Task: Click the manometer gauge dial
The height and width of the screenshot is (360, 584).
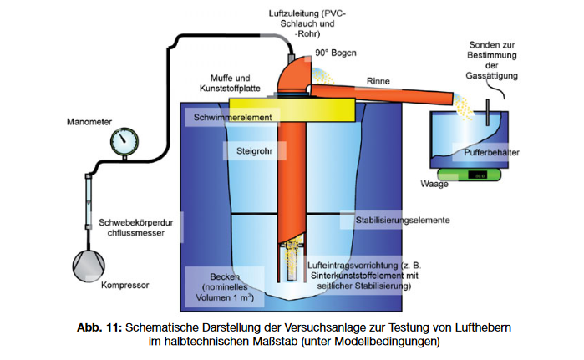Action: (x=124, y=141)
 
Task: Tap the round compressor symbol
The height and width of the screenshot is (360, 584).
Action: (x=89, y=266)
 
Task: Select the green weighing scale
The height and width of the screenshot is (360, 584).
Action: (x=469, y=175)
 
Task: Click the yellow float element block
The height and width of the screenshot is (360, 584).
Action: (x=292, y=109)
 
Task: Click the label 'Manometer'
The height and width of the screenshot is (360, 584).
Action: (x=89, y=122)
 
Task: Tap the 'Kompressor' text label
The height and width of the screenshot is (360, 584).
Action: (x=125, y=285)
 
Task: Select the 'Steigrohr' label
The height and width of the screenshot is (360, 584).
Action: (x=254, y=151)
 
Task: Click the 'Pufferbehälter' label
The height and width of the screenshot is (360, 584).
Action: (x=491, y=152)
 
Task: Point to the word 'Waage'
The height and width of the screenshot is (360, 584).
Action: (x=434, y=184)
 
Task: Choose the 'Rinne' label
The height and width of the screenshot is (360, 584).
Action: (x=378, y=81)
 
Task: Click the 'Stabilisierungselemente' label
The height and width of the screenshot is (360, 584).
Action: (x=403, y=220)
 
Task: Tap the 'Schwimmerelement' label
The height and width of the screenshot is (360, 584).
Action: (x=232, y=118)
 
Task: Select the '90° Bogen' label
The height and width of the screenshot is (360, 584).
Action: (x=336, y=53)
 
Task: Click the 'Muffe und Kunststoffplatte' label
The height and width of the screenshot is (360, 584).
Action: (x=230, y=83)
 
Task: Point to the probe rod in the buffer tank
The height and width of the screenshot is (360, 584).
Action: (x=488, y=112)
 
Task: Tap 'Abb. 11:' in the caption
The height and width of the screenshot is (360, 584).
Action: (x=99, y=327)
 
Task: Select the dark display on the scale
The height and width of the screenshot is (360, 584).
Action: (x=477, y=175)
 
